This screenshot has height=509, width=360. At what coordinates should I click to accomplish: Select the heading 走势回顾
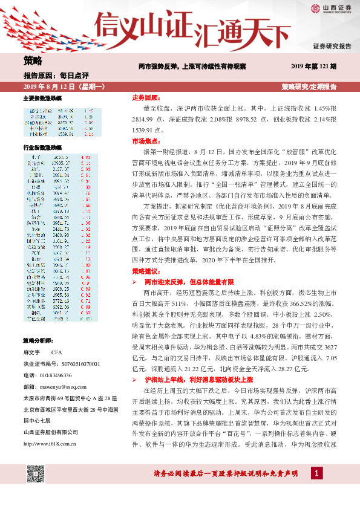click(145, 97)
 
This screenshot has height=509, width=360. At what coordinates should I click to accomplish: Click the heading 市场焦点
click(145, 140)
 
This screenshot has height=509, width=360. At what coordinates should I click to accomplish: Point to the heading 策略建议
click(145, 271)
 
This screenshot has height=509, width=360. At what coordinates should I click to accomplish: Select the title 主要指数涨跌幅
click(42, 98)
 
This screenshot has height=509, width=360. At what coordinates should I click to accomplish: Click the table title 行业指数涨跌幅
click(42, 148)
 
